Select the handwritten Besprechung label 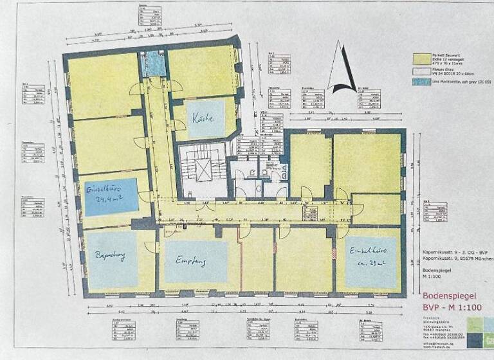111,256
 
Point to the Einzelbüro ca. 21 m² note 365,256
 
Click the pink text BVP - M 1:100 452,308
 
